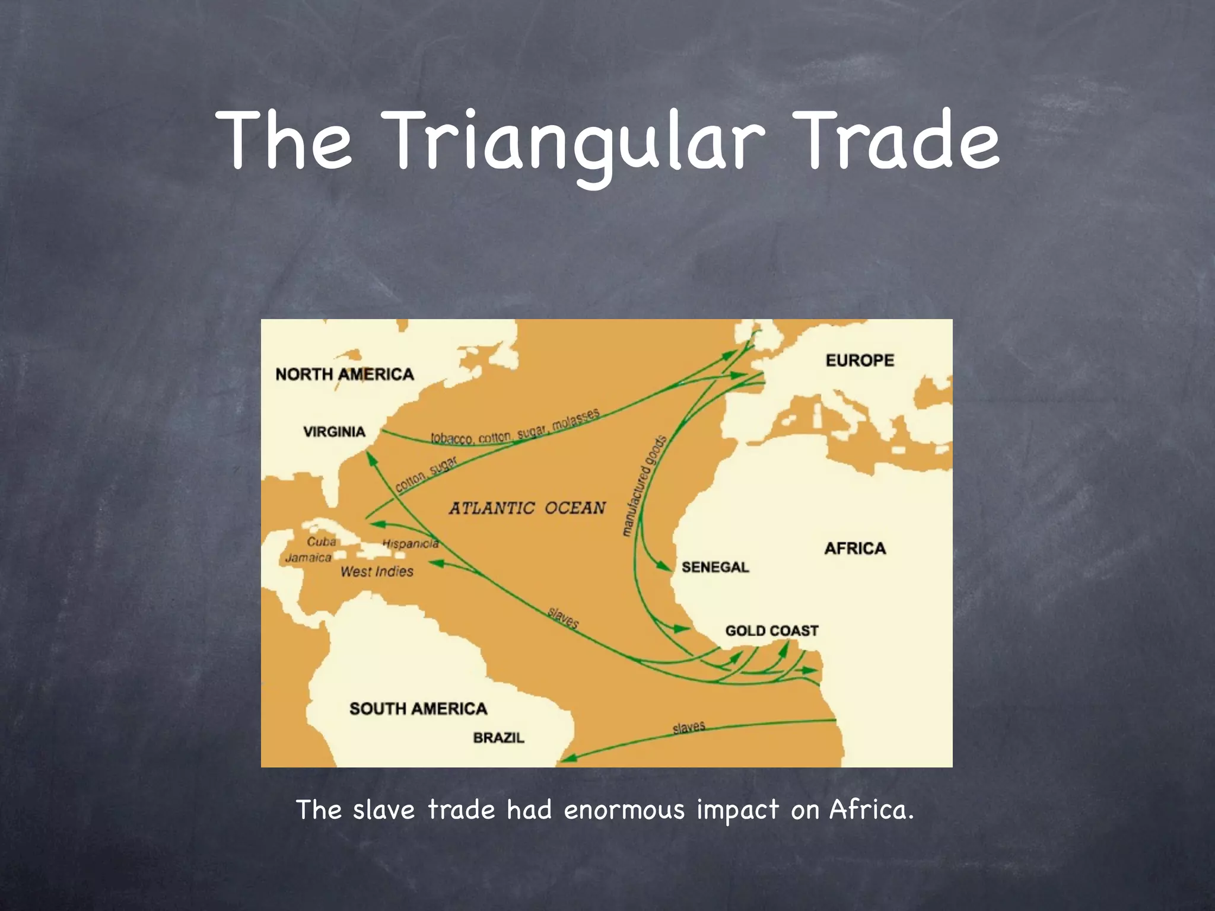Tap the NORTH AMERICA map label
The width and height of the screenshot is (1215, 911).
(344, 374)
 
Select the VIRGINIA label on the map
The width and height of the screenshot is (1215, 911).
(334, 432)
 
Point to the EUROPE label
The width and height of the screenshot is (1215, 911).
(860, 360)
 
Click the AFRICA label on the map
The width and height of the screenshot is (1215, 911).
(855, 549)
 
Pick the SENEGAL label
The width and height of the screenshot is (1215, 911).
(715, 567)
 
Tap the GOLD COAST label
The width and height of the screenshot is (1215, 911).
(771, 630)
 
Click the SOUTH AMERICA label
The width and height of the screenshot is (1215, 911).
(418, 709)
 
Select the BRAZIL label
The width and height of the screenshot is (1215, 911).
(499, 738)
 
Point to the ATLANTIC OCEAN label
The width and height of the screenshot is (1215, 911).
(527, 508)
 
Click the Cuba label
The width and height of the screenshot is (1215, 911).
(322, 541)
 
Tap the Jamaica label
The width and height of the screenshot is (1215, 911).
(308, 558)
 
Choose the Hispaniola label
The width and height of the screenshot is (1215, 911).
(411, 543)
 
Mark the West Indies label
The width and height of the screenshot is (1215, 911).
(377, 572)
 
